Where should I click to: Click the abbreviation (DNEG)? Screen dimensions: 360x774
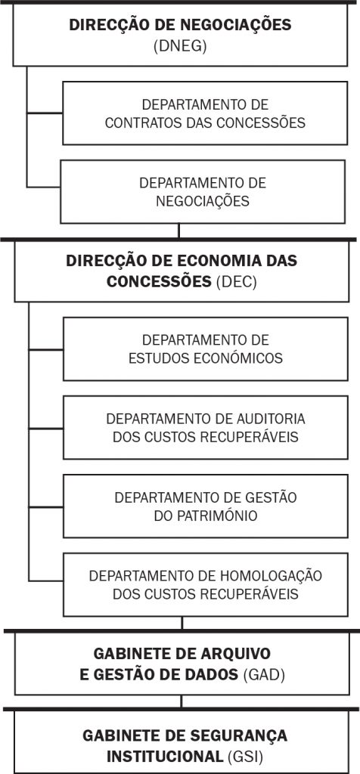pyautogui.click(x=180, y=46)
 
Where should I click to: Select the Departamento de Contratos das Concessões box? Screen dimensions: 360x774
pyautogui.click(x=205, y=113)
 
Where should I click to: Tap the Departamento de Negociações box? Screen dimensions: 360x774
pyautogui.click(x=203, y=191)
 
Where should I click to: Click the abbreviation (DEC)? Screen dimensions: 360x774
pyautogui.click(x=237, y=282)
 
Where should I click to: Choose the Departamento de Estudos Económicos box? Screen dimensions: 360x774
pyautogui.click(x=206, y=349)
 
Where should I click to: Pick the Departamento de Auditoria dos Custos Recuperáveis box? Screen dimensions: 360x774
pyautogui.click(x=206, y=428)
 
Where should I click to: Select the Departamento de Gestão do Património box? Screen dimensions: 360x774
pyautogui.click(x=206, y=506)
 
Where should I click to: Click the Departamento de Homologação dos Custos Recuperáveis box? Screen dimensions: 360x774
pyautogui.click(x=206, y=584)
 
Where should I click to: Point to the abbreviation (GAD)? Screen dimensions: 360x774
pyautogui.click(x=264, y=675)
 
